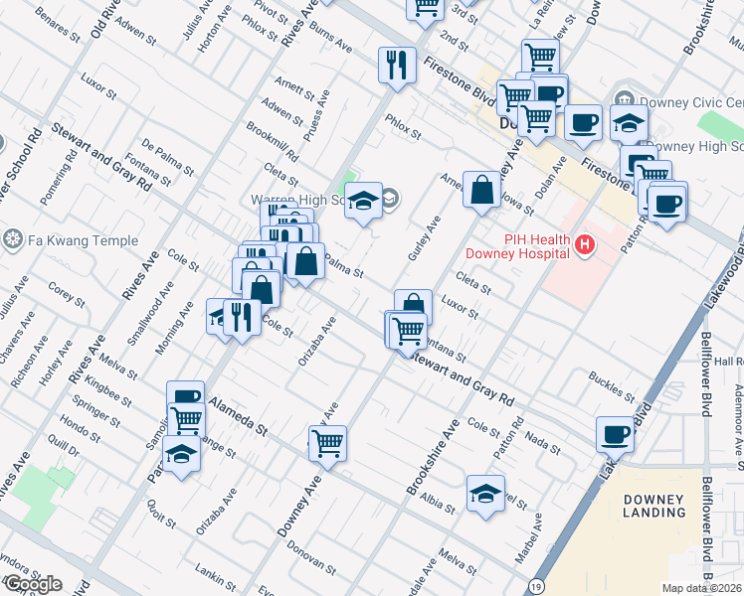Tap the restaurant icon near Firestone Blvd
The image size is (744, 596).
point(397,67)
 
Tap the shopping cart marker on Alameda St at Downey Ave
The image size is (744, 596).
point(327,444)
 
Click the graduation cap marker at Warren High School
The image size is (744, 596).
point(363,202)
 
